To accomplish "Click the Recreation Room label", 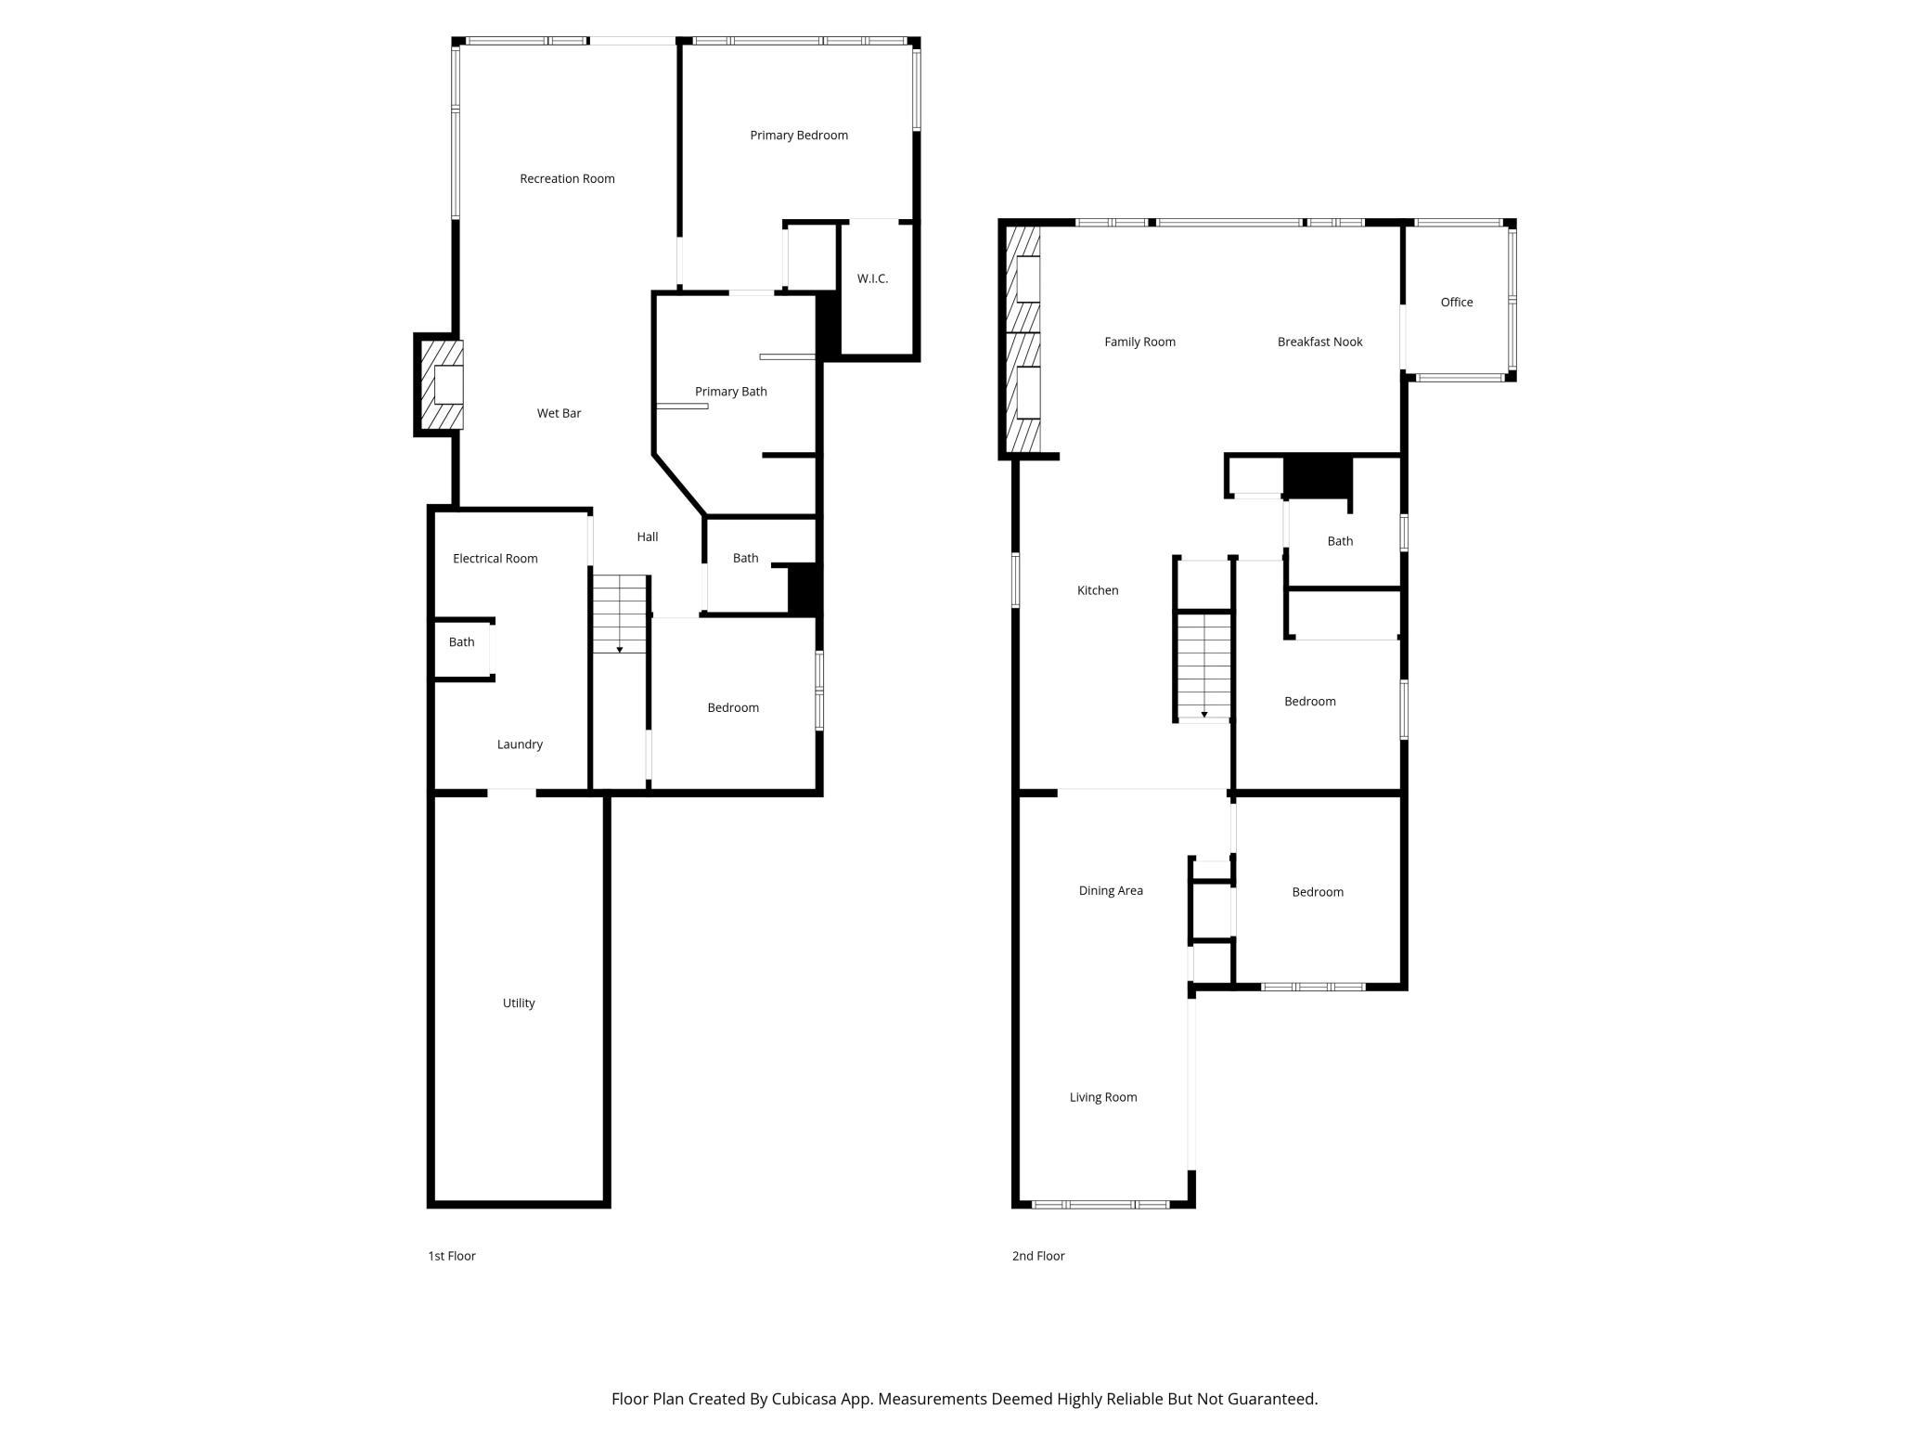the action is click(567, 179).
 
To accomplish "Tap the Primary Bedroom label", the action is click(799, 136).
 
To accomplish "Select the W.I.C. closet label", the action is click(872, 278).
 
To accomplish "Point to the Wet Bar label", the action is click(559, 413).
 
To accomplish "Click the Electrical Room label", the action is click(495, 559).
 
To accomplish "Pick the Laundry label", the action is click(520, 744).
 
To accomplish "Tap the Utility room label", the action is click(519, 1003).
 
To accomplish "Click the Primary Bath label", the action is click(731, 392).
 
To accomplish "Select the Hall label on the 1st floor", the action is click(648, 537).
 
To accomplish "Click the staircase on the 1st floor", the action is click(620, 614).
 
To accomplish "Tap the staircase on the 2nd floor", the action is click(1204, 666).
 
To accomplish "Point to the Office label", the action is click(1457, 303).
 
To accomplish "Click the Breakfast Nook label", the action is click(1320, 343).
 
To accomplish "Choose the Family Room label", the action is click(1139, 343).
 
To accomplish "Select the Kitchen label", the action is click(1098, 590).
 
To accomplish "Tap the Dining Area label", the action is click(1111, 891).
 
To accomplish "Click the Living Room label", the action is click(1103, 1097).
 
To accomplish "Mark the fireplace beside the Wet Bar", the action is click(441, 384).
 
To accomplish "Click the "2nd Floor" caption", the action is click(1038, 1256).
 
